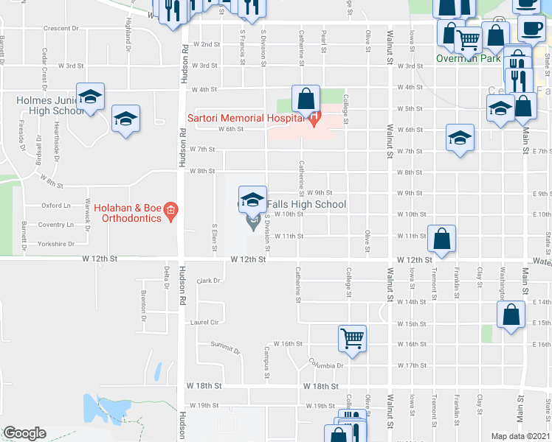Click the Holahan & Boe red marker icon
(x=170, y=212)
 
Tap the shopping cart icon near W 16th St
(x=352, y=338)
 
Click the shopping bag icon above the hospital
(x=305, y=97)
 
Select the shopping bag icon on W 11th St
(x=441, y=238)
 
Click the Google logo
(x=24, y=433)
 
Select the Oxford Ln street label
(x=55, y=206)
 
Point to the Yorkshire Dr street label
(x=58, y=243)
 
